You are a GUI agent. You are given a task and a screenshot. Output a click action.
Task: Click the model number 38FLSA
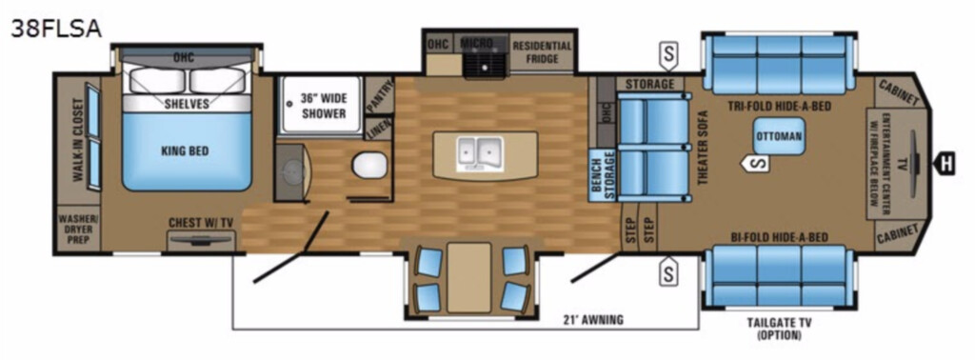56,28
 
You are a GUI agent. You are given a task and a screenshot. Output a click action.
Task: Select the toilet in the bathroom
370,166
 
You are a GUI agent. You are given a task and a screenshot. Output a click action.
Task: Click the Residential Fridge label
542,51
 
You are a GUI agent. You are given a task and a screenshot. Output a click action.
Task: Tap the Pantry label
379,96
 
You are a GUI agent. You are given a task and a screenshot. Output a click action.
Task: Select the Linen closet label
379,129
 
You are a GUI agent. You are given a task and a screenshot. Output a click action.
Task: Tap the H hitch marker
945,164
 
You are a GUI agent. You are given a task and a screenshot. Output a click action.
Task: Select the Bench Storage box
603,176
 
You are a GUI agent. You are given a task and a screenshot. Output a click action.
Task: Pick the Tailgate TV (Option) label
779,329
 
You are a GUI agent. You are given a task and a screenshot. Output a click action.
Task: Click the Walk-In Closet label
78,140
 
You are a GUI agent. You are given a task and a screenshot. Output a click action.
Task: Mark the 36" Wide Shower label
324,105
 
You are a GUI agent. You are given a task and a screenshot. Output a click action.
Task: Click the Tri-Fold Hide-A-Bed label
780,107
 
